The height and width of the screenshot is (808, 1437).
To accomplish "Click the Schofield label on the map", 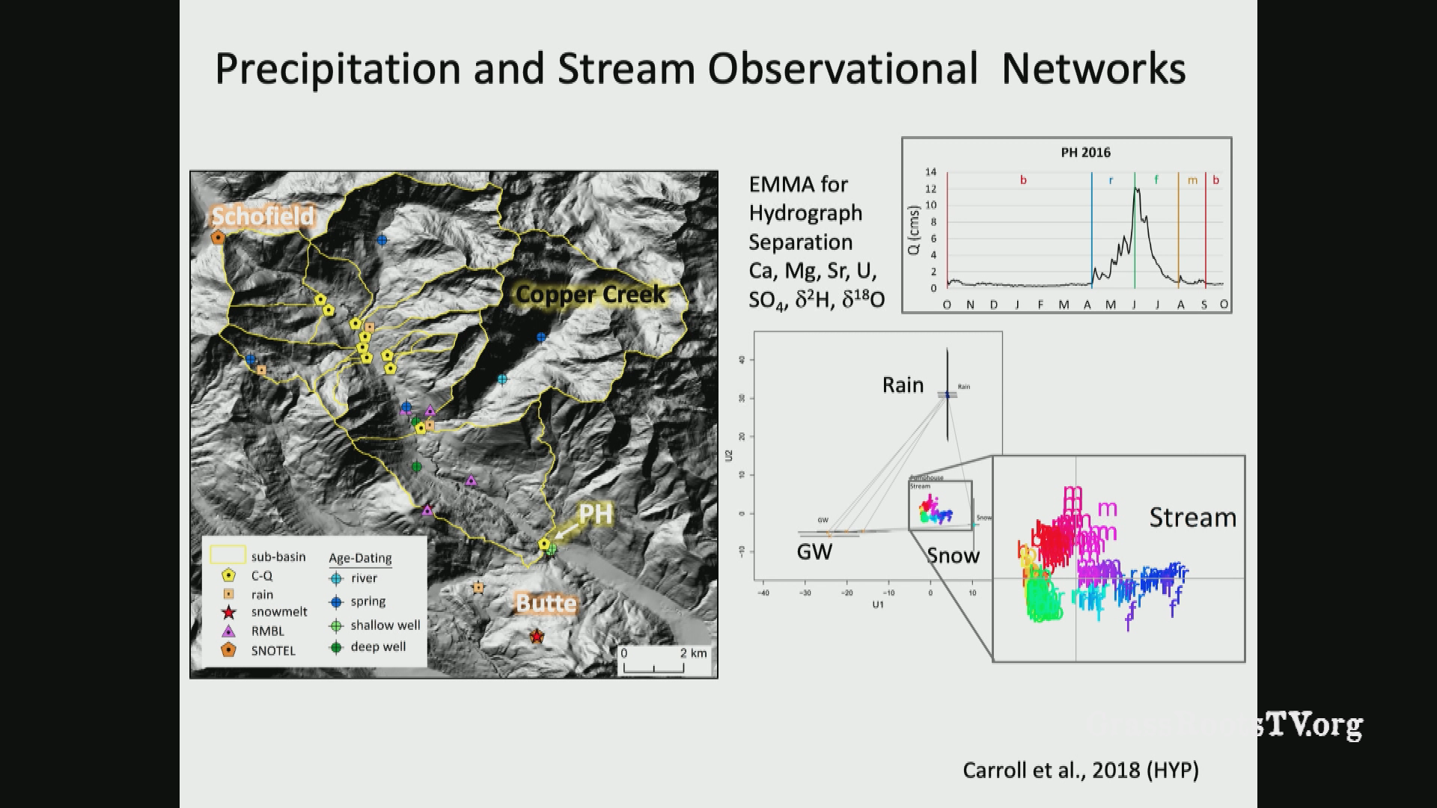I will click(x=262, y=217).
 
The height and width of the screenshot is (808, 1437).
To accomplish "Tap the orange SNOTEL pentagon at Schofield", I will click(x=218, y=238).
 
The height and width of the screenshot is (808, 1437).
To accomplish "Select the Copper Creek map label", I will click(x=590, y=294).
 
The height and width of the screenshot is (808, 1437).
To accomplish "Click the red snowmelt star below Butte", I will click(x=537, y=637).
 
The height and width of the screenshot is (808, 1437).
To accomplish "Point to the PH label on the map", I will click(x=595, y=514).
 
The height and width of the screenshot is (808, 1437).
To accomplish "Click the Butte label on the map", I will click(x=546, y=603).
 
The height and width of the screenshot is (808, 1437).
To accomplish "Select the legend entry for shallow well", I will click(x=385, y=625).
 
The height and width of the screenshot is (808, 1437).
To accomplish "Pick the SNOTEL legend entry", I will click(x=272, y=650).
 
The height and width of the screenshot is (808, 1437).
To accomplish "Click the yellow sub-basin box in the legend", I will click(x=228, y=555).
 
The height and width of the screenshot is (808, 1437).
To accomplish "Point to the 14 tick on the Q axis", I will click(x=930, y=172).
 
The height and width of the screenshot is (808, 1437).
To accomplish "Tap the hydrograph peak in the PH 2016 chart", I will click(x=1137, y=189).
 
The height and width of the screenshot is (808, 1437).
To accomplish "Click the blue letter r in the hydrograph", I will click(x=1111, y=180).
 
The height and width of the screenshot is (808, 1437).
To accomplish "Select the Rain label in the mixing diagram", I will click(x=903, y=385).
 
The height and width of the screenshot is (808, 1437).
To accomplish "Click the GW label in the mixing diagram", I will click(x=814, y=552).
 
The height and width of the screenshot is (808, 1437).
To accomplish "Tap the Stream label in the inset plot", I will click(x=1192, y=518).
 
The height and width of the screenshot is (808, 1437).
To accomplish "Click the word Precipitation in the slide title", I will click(x=338, y=68).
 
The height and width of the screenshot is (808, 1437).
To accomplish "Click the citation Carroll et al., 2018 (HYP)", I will click(x=1080, y=770).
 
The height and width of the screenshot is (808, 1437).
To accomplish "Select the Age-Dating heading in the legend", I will click(x=360, y=558).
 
